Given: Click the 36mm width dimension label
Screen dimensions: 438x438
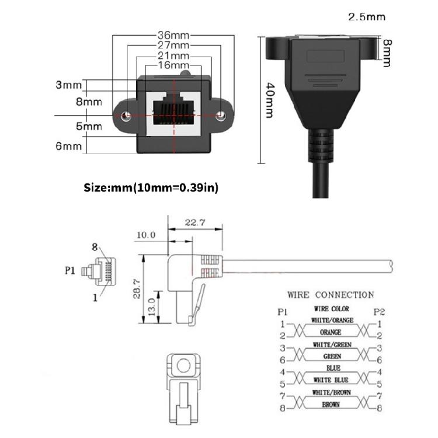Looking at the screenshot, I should [172, 35].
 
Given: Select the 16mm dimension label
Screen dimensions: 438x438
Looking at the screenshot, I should [172, 65].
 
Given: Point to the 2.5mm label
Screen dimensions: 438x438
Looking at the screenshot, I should [367, 16].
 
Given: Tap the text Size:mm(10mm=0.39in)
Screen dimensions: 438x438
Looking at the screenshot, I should [151, 188].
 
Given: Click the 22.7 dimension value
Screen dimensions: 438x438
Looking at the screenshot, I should [196, 222].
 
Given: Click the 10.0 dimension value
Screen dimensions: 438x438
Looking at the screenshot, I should [145, 235].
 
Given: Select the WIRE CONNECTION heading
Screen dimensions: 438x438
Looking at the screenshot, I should [330, 295].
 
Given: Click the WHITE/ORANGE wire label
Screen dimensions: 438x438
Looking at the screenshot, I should [332, 320].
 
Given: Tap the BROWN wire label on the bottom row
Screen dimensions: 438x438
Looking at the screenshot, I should [332, 404].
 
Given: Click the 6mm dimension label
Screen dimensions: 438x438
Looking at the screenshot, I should [68, 146].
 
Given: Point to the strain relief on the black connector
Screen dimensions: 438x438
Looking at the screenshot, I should [319, 146].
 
